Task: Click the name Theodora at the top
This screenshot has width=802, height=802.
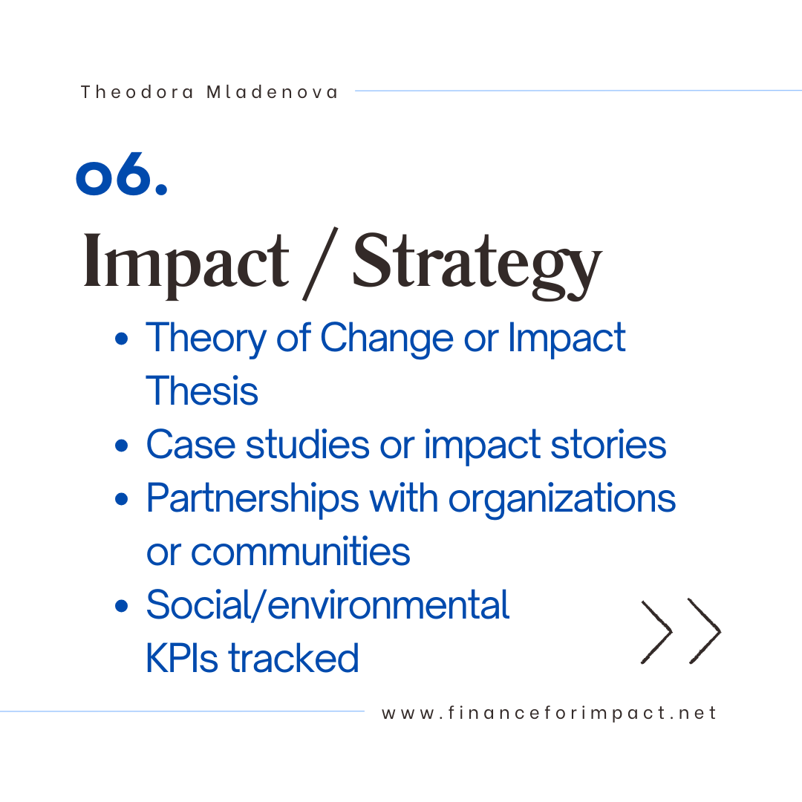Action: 137,92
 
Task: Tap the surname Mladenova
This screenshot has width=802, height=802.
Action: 272,92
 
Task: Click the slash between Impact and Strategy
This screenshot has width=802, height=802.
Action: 320,264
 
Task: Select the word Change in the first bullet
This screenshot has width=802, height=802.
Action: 387,339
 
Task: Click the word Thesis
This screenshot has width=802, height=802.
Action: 202,391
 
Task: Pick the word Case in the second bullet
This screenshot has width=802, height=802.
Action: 191,444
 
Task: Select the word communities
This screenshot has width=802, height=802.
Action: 300,551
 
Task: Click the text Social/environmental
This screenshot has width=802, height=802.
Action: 328,604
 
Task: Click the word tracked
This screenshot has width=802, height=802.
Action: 293,658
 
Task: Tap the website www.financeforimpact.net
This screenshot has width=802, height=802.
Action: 549,713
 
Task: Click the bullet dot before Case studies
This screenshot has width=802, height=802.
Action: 121,445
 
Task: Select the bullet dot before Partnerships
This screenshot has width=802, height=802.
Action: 121,499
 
